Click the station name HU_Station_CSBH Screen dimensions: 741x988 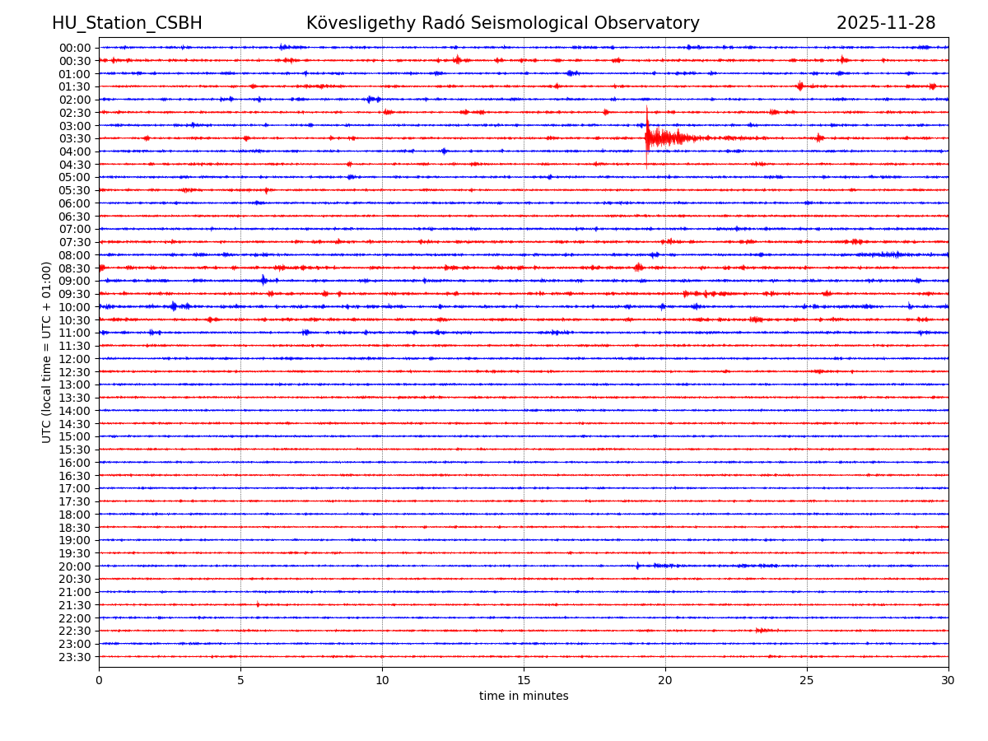tap(127, 24)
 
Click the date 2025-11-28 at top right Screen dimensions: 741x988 tap(886, 24)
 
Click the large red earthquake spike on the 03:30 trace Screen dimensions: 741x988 tap(647, 136)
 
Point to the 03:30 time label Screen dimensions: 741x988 tap(75, 138)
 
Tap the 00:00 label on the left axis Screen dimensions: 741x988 tap(75, 48)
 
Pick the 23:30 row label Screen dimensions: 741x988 tap(75, 657)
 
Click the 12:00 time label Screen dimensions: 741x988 tap(75, 359)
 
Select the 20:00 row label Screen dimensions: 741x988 tap(75, 566)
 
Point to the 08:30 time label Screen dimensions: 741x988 tap(75, 268)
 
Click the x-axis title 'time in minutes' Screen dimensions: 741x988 tap(524, 697)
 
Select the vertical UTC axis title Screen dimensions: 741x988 tap(47, 352)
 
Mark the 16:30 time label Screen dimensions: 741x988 tap(75, 476)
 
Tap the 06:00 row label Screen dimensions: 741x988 tap(75, 203)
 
